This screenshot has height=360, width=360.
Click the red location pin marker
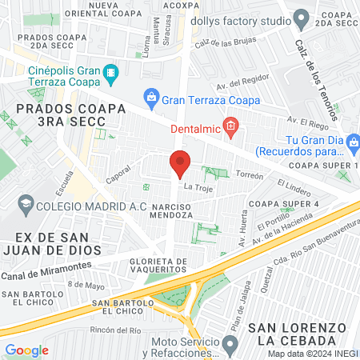pyautogui.click(x=180, y=165)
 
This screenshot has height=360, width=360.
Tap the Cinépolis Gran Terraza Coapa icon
pyautogui.click(x=110, y=78)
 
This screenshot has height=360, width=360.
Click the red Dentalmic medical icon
pyautogui.click(x=230, y=125)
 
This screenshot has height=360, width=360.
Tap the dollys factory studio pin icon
pyautogui.click(x=301, y=17)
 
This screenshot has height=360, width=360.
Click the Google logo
pyautogui.click(x=26, y=350)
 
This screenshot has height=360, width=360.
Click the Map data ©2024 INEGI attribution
pyautogui.click(x=312, y=354)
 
